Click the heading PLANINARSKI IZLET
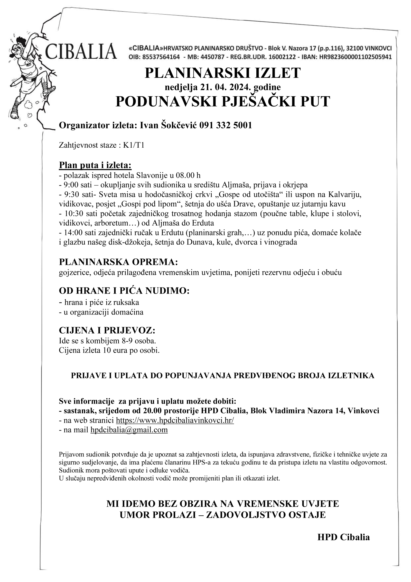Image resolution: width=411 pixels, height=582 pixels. pos(222,73)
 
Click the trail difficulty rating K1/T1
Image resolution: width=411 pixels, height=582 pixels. pos(134,145)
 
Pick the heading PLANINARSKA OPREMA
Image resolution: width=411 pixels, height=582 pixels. pos(118,262)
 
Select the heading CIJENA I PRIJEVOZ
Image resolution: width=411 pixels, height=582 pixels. pos(107,330)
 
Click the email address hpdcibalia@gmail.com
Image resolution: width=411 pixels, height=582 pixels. pos(129,430)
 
